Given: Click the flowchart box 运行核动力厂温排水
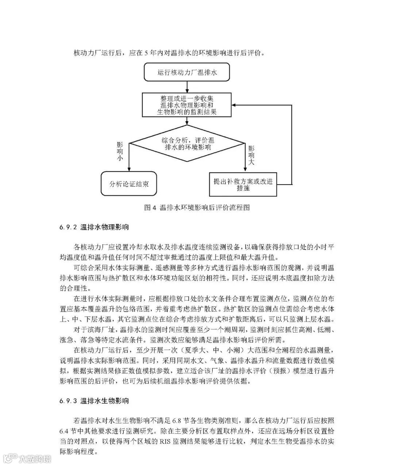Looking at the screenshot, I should pyautogui.click(x=187, y=72).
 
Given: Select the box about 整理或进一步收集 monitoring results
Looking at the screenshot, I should pyautogui.click(x=187, y=105).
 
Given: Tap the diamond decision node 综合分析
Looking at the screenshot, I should pyautogui.click(x=188, y=144).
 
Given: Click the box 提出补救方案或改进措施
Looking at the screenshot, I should pyautogui.click(x=243, y=184).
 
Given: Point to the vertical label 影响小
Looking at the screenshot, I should pyautogui.click(x=120, y=151).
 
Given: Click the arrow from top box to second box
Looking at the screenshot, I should pyautogui.click(x=187, y=87).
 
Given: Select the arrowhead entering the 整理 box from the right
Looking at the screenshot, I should pyautogui.click(x=236, y=105).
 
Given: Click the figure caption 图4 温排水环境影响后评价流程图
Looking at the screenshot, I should pyautogui.click(x=197, y=208).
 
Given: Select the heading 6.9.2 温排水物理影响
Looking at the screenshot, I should pyautogui.click(x=94, y=228).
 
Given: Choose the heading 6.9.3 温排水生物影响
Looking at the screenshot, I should pyautogui.click(x=94, y=401).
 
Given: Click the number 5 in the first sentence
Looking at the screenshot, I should pyautogui.click(x=146, y=53).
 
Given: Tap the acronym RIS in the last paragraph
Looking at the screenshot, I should pyautogui.click(x=164, y=442).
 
